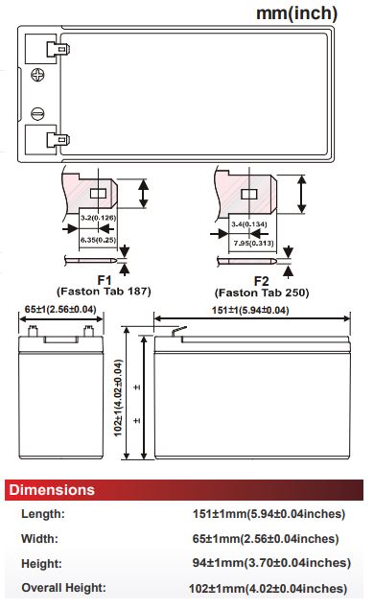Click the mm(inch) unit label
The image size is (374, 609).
pos(296,13)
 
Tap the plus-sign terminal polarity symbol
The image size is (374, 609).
pos(37,75)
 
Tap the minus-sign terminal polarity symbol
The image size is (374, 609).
pos(37,114)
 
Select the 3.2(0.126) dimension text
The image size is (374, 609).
pos(98,218)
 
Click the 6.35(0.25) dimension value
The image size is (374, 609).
pos(98,240)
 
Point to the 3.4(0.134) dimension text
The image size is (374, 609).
pos(249,224)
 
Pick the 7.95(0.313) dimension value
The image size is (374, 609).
pos(253,244)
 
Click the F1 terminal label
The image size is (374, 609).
pos(105,280)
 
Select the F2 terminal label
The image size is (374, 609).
pos(262,281)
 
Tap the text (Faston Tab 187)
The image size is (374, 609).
pos(105,292)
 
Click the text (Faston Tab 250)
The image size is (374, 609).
pos(262,293)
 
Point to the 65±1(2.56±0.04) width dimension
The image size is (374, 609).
pos(60,309)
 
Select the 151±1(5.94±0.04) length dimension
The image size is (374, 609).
pos(250,311)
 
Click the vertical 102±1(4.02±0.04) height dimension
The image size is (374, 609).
pos(118,398)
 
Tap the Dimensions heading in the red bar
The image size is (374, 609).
pos(52,490)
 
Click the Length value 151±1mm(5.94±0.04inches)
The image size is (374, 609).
pos(269,514)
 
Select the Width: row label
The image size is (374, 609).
pos(39,539)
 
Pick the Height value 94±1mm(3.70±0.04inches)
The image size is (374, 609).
pos(271,563)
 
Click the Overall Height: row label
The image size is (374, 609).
pos(63,588)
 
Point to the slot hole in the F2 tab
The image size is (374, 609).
pos(249,194)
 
